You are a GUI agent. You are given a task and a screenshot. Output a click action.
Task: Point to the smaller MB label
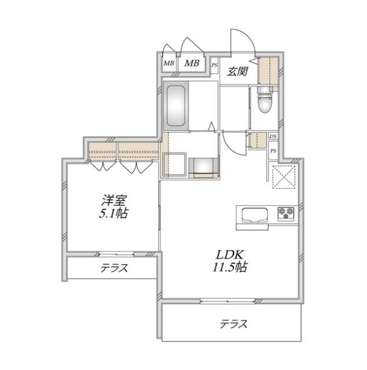[x=168, y=64]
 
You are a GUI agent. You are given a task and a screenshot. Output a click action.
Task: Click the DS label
[x=273, y=136]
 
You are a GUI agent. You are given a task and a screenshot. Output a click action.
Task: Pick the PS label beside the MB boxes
[x=214, y=65]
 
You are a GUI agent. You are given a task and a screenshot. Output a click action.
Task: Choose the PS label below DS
[x=273, y=150]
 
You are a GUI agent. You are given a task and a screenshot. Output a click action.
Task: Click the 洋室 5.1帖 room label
[x=113, y=206]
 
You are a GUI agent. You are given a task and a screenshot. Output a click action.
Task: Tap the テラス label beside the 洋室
[x=113, y=268]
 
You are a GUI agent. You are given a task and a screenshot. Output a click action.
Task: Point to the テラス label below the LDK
[x=233, y=324]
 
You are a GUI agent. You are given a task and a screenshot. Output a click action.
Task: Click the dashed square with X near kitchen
[x=284, y=176]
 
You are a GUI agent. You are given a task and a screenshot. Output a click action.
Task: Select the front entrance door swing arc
[x=242, y=42]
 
